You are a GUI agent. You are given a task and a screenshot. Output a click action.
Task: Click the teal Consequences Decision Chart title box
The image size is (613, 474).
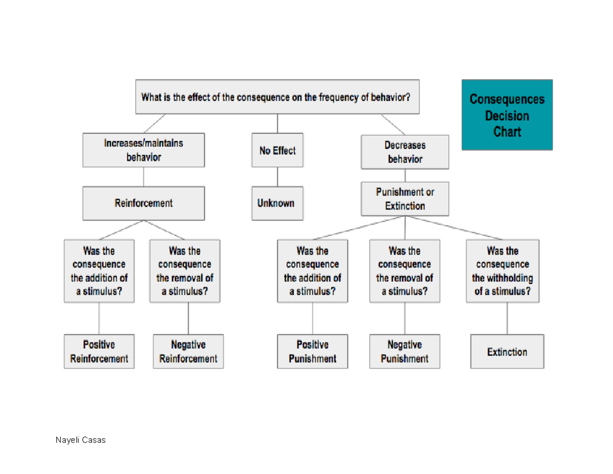(507, 115)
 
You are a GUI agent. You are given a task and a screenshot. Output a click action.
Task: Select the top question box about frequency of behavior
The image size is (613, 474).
(277, 97)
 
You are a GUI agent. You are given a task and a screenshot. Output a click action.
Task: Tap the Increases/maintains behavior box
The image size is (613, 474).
(144, 150)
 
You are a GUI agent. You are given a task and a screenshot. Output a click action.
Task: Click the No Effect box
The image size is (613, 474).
(277, 150)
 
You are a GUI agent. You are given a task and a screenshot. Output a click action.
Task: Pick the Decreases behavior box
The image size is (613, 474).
(405, 152)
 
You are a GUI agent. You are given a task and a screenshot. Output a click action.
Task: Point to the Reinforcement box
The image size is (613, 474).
(144, 204)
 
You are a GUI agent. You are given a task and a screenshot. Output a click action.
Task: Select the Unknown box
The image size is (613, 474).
(277, 204)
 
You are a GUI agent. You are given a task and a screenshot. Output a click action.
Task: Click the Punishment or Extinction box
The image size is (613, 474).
(405, 199)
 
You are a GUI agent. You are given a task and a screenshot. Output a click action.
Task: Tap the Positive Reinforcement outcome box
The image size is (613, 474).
(99, 352)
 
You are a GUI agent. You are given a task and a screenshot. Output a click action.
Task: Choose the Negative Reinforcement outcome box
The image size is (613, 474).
(188, 352)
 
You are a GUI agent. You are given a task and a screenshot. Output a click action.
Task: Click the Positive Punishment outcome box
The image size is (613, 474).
(312, 352)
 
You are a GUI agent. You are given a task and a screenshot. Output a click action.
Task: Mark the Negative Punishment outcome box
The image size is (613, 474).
(405, 352)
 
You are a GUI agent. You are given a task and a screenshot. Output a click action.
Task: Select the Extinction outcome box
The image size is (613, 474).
(507, 352)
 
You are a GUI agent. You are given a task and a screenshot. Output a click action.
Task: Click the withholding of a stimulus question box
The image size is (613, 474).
(503, 272)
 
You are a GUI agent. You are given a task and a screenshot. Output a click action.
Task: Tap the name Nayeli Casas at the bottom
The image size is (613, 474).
(81, 440)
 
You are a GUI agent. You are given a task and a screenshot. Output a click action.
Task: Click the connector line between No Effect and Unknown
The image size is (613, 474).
(277, 176)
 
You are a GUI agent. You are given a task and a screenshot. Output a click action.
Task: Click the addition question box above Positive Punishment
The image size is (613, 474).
(312, 272)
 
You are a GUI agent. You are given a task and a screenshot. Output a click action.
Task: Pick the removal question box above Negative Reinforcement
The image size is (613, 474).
(185, 272)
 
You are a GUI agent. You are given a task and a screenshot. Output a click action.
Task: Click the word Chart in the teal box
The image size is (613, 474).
(507, 132)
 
